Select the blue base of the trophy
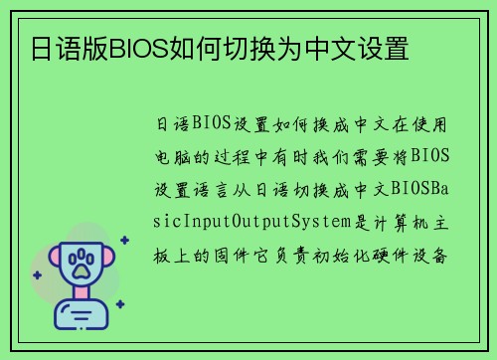point(84,317)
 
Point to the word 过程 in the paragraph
point(256,157)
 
